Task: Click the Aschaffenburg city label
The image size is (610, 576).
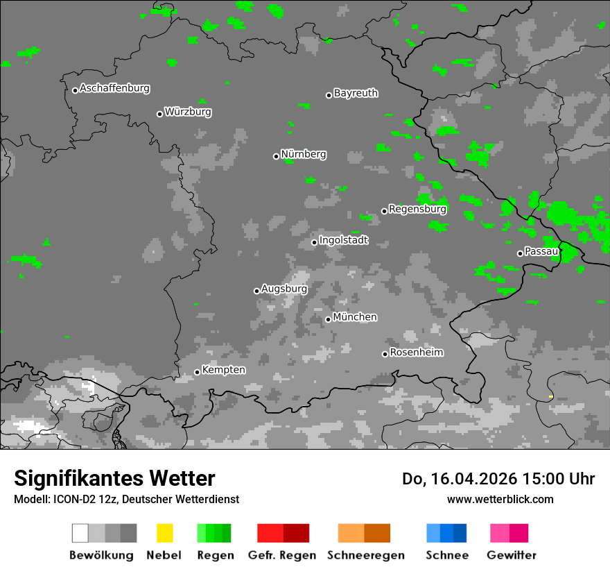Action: (x=114, y=89)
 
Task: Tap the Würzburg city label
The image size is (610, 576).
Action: (x=188, y=112)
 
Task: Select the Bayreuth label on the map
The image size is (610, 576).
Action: (x=356, y=93)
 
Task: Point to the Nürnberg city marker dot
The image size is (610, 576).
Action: (x=276, y=156)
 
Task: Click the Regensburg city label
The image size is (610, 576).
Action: (x=417, y=209)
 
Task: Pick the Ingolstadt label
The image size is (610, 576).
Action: (x=344, y=240)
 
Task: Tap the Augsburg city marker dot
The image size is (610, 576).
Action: (x=256, y=291)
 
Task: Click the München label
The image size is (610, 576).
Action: (x=355, y=317)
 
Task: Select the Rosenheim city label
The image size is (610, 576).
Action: (x=416, y=353)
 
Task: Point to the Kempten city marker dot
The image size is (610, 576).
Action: (x=197, y=372)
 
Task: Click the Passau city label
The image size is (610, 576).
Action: (x=541, y=251)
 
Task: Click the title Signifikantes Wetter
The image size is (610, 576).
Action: (x=114, y=478)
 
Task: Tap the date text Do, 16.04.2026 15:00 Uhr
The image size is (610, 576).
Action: (x=498, y=479)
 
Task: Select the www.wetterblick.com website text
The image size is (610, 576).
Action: (x=500, y=499)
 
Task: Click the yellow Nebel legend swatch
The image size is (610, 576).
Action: (x=164, y=533)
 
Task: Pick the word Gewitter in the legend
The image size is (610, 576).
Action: (x=511, y=555)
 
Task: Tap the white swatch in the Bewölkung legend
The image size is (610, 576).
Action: (x=80, y=533)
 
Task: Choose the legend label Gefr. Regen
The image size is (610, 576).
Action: (x=281, y=555)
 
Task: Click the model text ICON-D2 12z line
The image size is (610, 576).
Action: (x=126, y=499)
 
